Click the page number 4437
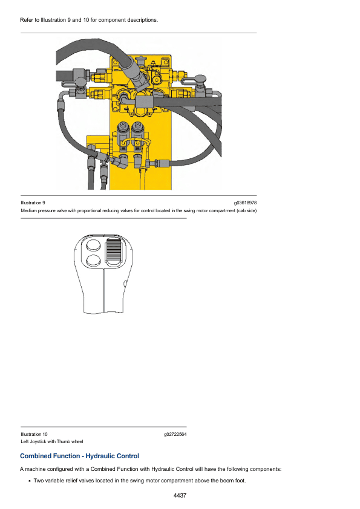point(180,495)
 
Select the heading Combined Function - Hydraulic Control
point(80,456)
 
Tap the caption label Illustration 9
point(33,203)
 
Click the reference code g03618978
point(245,203)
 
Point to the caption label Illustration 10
point(34,434)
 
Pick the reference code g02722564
point(175,434)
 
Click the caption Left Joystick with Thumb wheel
point(52,441)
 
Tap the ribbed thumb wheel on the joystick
point(113,252)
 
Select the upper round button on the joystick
point(93,245)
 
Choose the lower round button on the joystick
point(94,261)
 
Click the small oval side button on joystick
point(125,284)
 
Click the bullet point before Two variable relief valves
point(30,481)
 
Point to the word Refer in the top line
point(26,20)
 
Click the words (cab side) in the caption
point(247,211)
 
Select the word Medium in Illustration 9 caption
point(28,211)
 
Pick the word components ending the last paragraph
point(266,469)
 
